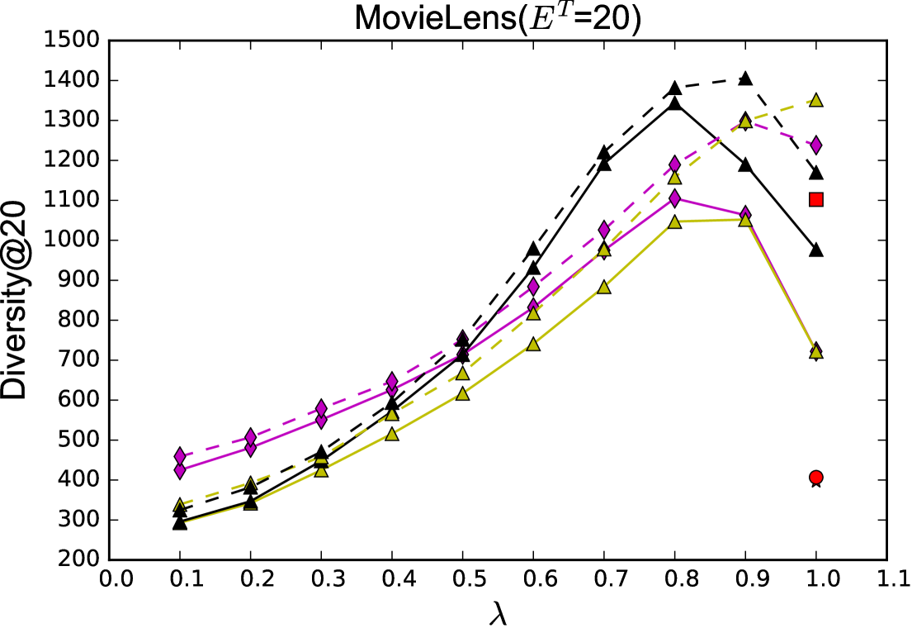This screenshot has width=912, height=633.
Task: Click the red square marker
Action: point(815,199)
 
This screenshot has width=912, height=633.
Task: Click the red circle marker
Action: point(815,477)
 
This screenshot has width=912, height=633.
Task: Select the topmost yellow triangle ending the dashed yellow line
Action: point(815,100)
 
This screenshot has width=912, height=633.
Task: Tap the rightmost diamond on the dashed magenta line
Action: point(815,145)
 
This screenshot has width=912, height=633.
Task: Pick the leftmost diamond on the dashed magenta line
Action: point(180,456)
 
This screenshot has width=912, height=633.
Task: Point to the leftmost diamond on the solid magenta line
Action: point(180,470)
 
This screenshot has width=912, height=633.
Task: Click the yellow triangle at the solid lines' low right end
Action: point(815,351)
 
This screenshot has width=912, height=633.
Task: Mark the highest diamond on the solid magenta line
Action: point(674,198)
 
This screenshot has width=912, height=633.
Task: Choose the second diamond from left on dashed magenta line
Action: point(251,436)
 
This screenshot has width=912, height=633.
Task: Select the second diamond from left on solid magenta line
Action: point(251,448)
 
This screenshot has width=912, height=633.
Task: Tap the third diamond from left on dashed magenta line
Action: point(321,408)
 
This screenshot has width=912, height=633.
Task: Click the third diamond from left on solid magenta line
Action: point(321,420)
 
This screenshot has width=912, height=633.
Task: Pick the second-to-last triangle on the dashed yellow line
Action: point(745,121)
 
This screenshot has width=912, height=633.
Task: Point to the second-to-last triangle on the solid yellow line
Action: point(745,220)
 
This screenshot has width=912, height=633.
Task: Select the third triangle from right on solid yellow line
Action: point(674,221)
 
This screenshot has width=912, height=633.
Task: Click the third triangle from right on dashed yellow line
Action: point(674,177)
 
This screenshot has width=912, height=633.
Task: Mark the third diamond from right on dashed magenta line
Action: point(674,164)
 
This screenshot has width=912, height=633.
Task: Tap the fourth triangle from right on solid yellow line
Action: point(604,287)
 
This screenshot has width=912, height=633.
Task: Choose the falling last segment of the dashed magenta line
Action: point(781,133)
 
